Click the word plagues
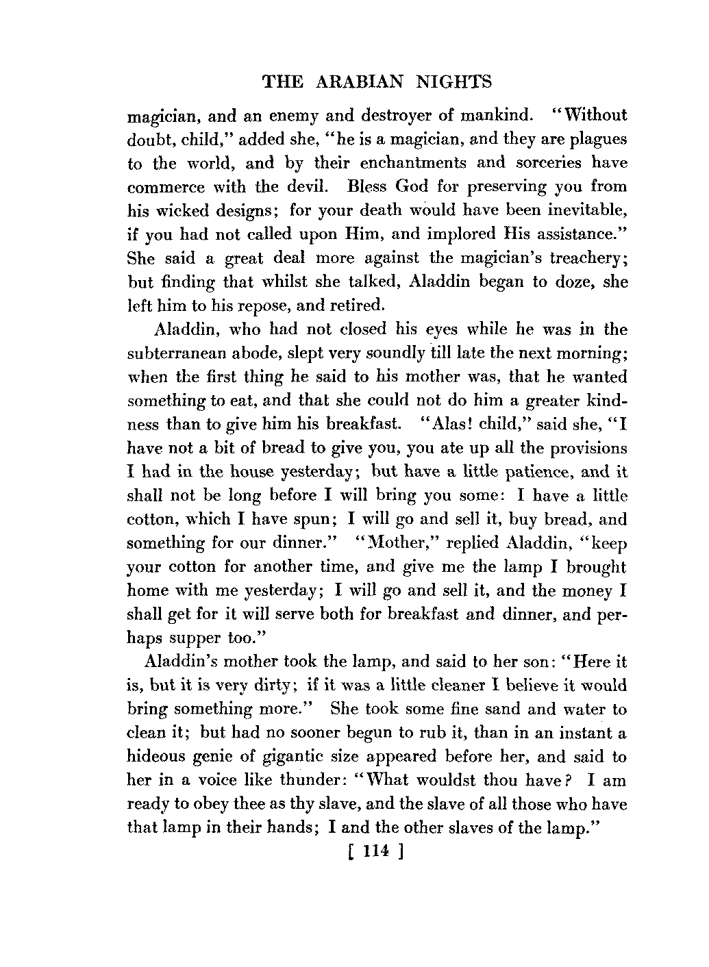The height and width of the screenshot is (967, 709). [x=594, y=140]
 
